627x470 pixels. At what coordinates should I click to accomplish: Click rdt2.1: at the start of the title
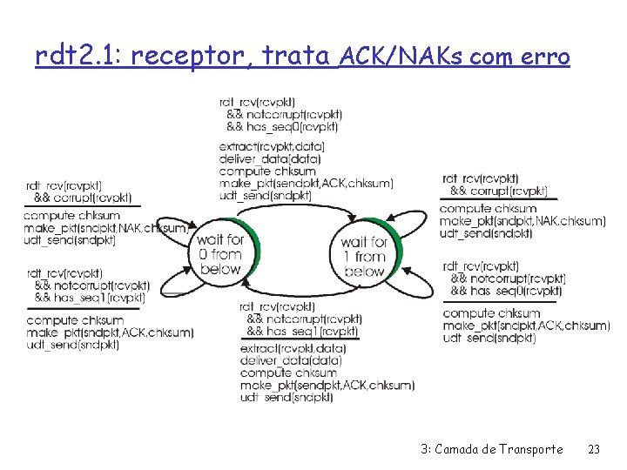coord(67,57)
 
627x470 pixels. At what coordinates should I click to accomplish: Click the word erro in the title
coord(544,57)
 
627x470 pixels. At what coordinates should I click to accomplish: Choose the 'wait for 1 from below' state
coord(364,256)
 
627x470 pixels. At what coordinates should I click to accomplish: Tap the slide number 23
coord(595,449)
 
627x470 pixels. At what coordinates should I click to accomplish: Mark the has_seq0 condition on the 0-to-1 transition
coord(287,127)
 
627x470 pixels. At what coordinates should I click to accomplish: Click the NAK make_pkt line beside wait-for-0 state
coord(106,228)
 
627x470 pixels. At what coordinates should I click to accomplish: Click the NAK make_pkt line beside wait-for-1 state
coord(522,221)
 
